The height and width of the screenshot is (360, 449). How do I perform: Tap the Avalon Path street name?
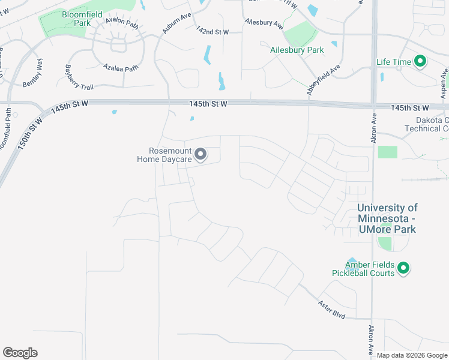click(x=122, y=24)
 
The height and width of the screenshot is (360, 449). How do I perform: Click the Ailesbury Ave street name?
click(x=264, y=23)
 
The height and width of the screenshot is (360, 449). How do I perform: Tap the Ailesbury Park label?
click(x=297, y=50)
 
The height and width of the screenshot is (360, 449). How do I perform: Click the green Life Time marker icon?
click(x=421, y=61)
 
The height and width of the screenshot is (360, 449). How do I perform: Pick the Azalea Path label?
click(x=120, y=67)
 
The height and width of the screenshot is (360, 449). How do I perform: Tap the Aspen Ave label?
click(x=444, y=88)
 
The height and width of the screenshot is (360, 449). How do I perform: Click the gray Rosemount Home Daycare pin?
click(x=202, y=155)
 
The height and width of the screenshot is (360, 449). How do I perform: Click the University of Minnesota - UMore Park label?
click(x=387, y=218)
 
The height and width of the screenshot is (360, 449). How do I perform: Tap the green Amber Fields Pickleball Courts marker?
click(x=403, y=268)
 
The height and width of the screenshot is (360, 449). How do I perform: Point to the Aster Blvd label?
click(x=331, y=308)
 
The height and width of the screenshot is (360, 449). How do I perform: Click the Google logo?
click(x=20, y=353)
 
